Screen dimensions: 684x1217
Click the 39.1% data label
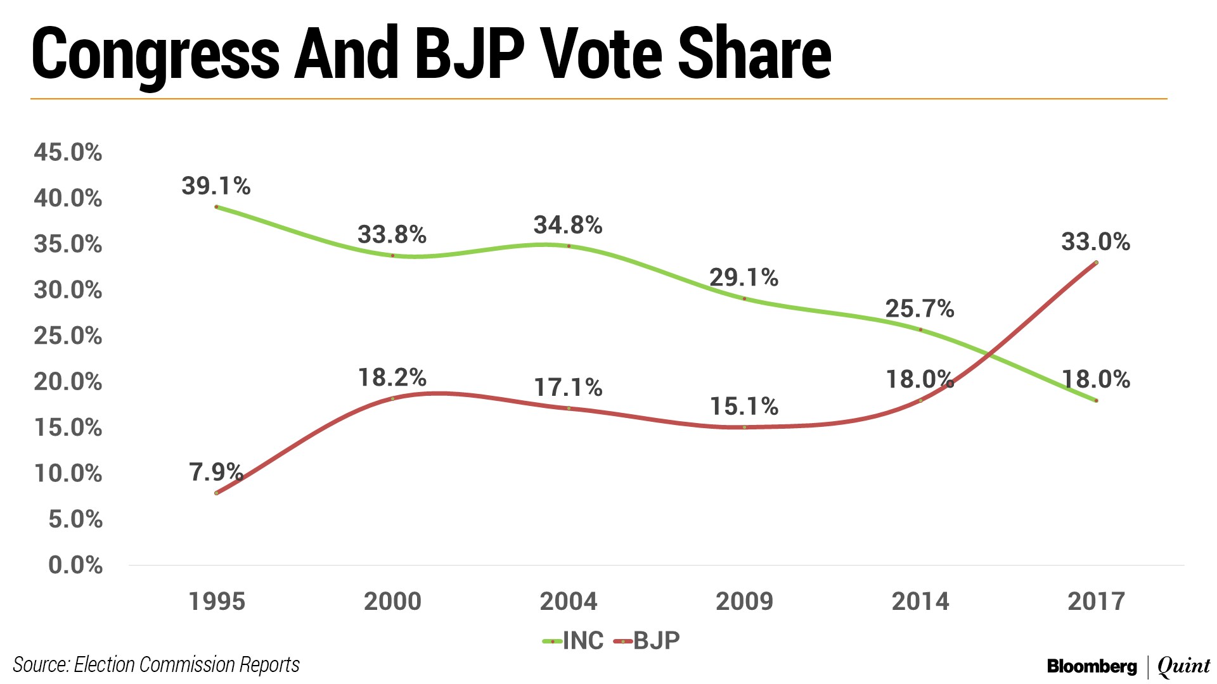[x=216, y=186]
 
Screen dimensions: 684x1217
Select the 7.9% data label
[x=216, y=472]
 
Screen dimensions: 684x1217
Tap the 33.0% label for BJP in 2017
[x=1095, y=241]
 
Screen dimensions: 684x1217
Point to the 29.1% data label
[x=744, y=277]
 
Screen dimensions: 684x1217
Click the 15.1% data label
[x=744, y=406]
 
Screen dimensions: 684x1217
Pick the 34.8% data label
[x=567, y=225]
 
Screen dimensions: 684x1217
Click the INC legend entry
[x=574, y=641]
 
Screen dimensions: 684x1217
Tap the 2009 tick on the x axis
[x=744, y=601]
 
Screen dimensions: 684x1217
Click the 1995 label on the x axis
[x=217, y=601]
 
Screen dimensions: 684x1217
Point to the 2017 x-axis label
[x=1096, y=601]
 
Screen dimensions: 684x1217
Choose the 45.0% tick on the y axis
[x=68, y=152]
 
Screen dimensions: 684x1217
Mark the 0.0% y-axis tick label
[x=75, y=564]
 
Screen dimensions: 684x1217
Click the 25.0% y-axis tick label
[x=68, y=336]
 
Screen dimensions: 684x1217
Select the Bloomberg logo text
[x=1091, y=666]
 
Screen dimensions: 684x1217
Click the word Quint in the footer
[x=1183, y=666]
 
